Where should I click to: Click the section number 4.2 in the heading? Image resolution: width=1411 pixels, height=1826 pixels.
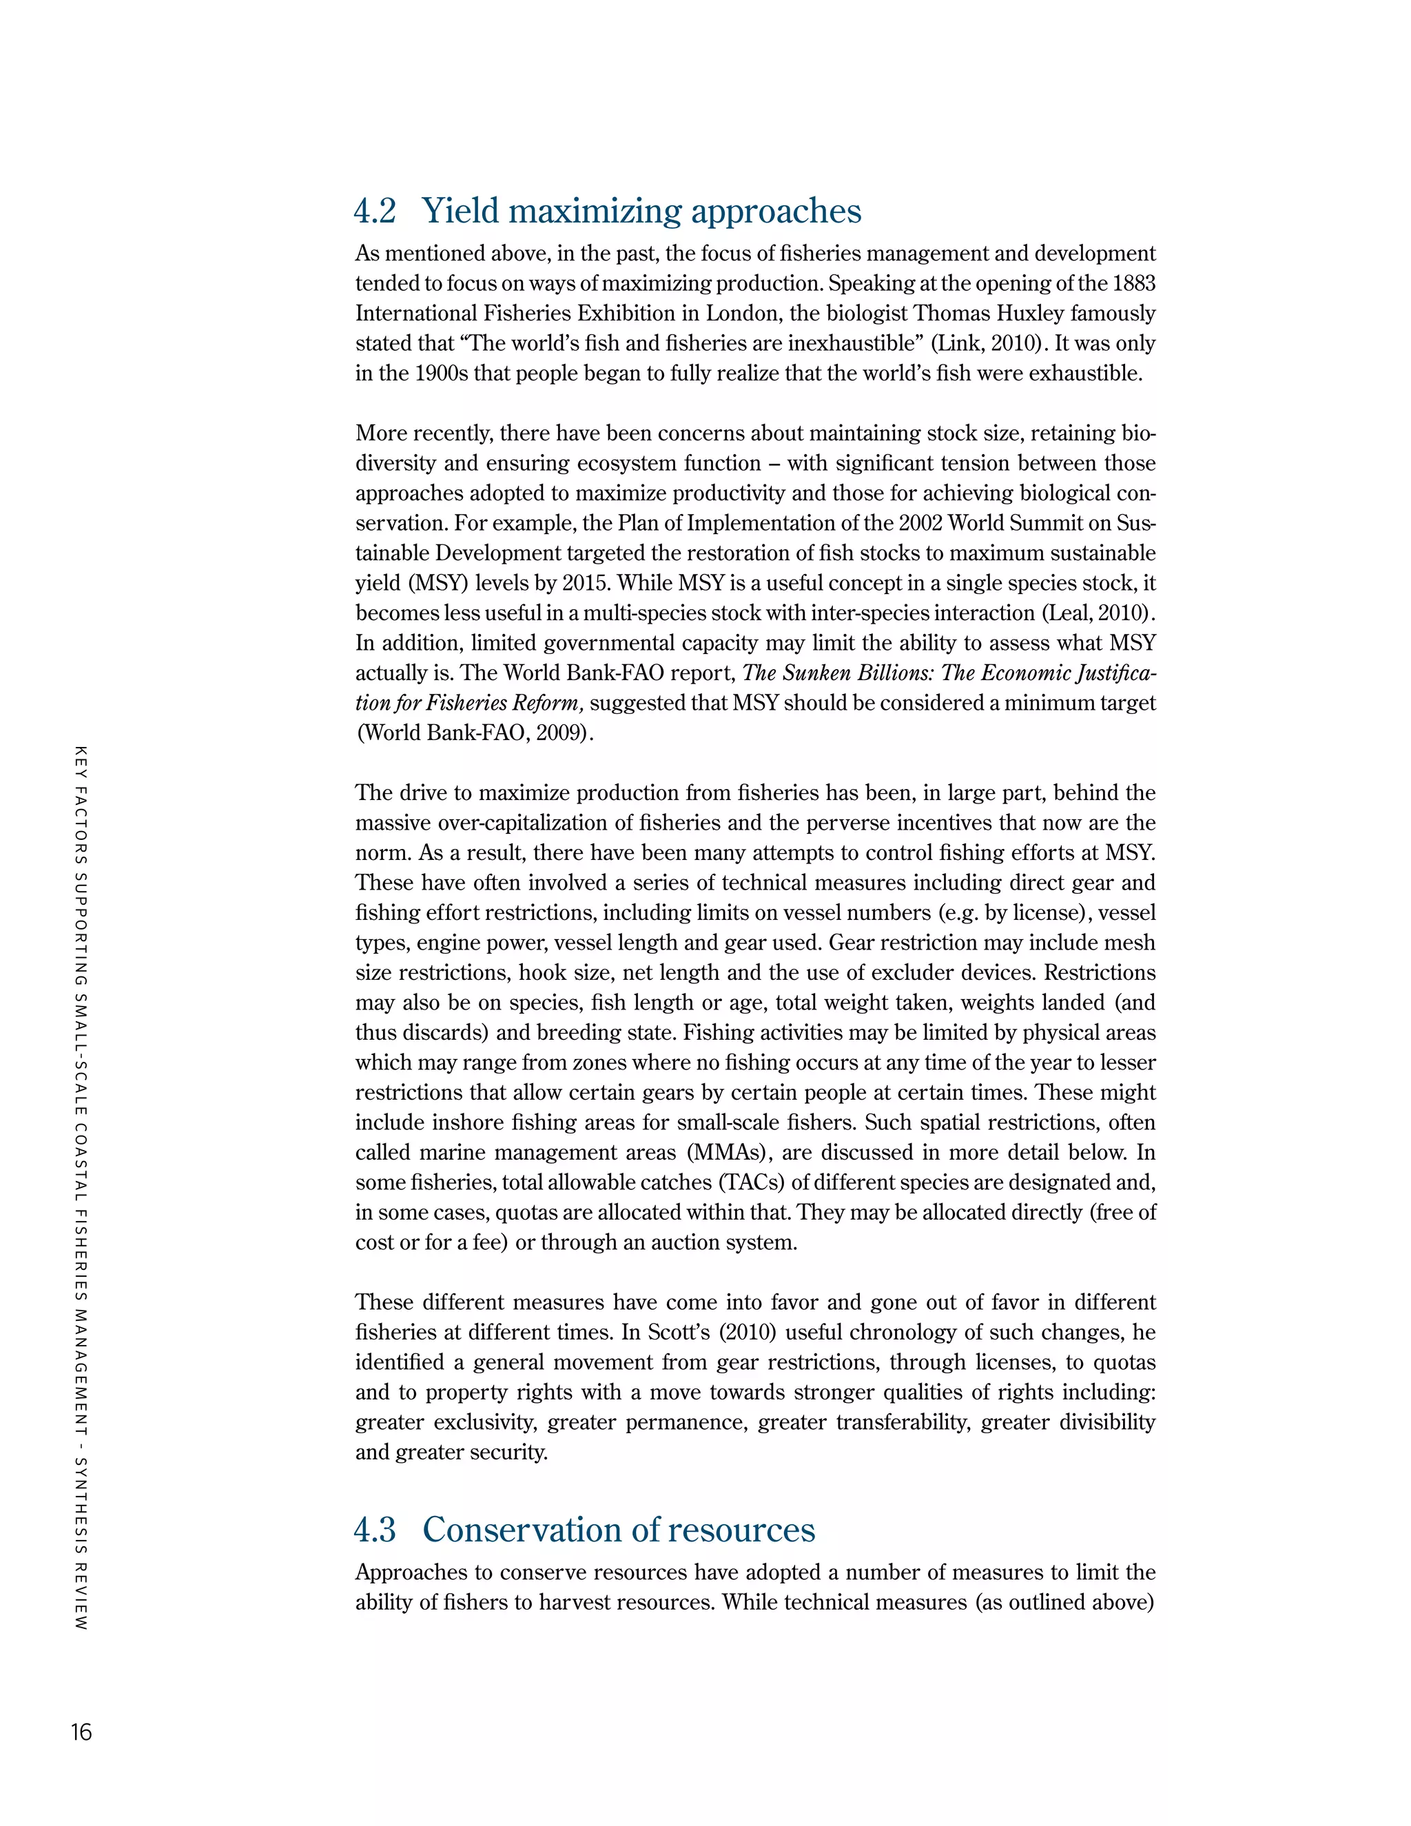375,211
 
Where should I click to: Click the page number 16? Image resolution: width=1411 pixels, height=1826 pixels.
81,1732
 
